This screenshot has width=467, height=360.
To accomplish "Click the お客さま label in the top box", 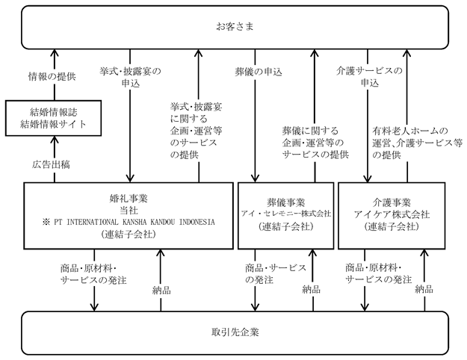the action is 235,27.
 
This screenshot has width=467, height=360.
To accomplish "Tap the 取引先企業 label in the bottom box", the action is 235,332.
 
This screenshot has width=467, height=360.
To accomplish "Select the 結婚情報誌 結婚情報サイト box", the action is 53,118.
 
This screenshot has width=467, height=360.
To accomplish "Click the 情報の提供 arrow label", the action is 52,76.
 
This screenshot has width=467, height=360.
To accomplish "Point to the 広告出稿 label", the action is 52,164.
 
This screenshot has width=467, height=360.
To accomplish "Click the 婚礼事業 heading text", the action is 129,199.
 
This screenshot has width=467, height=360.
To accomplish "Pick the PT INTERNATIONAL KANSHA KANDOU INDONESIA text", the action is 134,222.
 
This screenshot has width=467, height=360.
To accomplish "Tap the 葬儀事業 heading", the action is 285,202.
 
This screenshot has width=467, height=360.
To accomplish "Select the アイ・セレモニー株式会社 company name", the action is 286,214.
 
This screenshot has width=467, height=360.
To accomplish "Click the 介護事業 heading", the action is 392,202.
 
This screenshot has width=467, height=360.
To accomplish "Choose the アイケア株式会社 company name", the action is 392,214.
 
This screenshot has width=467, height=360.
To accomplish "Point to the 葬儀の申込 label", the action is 259,72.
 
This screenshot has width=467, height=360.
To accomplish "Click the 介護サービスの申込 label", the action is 369,76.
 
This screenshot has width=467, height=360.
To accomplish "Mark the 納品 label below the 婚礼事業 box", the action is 161,291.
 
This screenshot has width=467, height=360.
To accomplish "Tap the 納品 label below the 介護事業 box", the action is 424,289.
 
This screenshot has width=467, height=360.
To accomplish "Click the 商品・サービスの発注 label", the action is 276,274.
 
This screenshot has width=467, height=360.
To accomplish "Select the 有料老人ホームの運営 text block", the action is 417,143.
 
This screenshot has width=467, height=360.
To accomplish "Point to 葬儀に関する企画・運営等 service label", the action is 315,143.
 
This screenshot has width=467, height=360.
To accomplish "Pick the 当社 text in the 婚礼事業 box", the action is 129,211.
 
